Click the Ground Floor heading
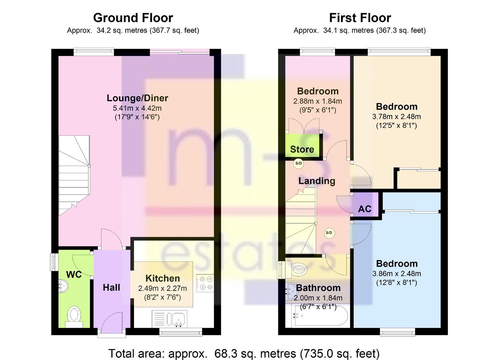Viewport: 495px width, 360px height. coord(133,18)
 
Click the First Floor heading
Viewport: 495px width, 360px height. coord(360,18)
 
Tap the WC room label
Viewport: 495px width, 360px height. coord(74,274)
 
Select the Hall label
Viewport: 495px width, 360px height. coord(112,288)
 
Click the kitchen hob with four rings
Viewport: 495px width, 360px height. coord(205,283)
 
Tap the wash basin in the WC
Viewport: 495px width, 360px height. coord(63,286)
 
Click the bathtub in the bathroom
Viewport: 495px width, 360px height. coord(320,316)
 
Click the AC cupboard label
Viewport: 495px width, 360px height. coord(365,209)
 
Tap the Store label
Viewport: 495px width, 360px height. coord(302,149)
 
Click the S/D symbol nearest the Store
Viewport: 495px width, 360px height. coord(298,164)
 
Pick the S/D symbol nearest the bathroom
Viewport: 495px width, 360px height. coord(329,233)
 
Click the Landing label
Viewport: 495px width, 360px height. coord(317,181)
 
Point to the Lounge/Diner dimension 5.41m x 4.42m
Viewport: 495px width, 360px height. coord(137,108)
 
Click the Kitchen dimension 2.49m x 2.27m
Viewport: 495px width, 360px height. coord(162,288)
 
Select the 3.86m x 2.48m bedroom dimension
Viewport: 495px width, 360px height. coord(397,274)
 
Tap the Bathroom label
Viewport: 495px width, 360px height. coord(318,288)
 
